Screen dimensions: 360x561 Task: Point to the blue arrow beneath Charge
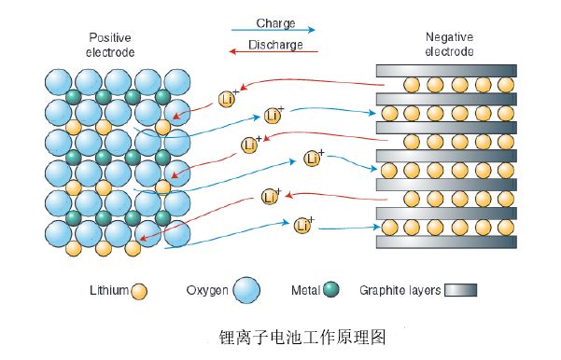tap(273, 31)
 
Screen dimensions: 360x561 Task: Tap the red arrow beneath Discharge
tap(273, 55)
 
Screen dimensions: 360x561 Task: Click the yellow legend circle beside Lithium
tap(139, 291)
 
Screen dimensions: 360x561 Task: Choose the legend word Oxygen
tap(207, 291)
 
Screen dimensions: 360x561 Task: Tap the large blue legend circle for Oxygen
tap(246, 290)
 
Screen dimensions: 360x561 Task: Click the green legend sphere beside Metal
tap(330, 291)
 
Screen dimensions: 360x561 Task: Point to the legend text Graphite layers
tap(400, 291)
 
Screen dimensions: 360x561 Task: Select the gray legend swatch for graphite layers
tap(461, 291)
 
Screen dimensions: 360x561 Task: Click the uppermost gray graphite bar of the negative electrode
tap(445, 70)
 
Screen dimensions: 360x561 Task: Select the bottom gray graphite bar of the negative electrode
tap(445, 242)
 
